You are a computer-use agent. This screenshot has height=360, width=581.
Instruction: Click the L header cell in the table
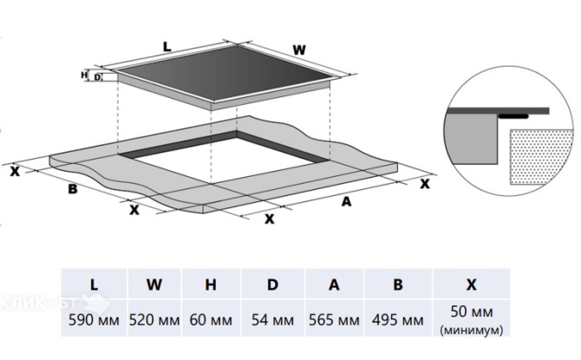tap(95, 285)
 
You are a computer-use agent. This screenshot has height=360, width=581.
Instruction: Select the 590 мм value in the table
tap(95, 319)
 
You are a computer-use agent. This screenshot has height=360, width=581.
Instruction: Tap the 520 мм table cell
tap(154, 319)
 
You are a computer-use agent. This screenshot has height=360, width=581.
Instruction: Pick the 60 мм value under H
tap(211, 319)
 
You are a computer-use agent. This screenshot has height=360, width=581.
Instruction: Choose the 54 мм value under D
tap(272, 319)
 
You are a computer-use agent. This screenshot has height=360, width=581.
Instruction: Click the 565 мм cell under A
tap(334, 319)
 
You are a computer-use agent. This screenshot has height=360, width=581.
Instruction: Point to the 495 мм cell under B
tap(398, 319)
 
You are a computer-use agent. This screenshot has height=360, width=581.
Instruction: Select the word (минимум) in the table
tap(472, 330)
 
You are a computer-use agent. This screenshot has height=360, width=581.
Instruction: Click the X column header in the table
tap(472, 285)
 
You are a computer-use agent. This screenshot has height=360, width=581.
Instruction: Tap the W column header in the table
tap(154, 285)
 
